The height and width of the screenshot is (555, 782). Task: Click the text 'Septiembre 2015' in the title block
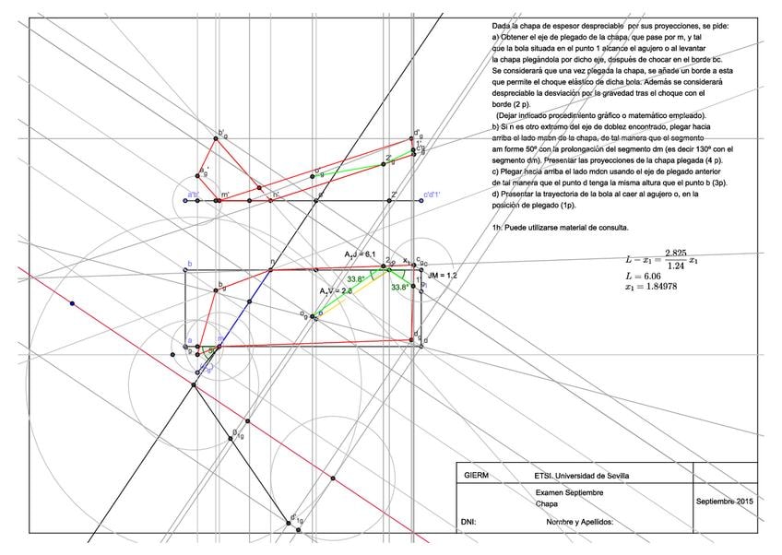pos(726,501)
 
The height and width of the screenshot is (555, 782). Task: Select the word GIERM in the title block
pos(477,476)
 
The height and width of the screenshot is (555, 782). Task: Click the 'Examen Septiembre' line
pos(569,493)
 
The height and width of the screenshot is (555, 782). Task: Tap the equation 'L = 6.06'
pos(643,276)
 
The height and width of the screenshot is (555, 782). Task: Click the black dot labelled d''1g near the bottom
pos(288,523)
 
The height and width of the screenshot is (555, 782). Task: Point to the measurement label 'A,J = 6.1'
pos(361,254)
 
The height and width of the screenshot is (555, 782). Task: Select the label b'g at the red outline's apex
pos(221,133)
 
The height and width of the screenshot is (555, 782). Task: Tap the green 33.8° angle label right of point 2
pos(399,287)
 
